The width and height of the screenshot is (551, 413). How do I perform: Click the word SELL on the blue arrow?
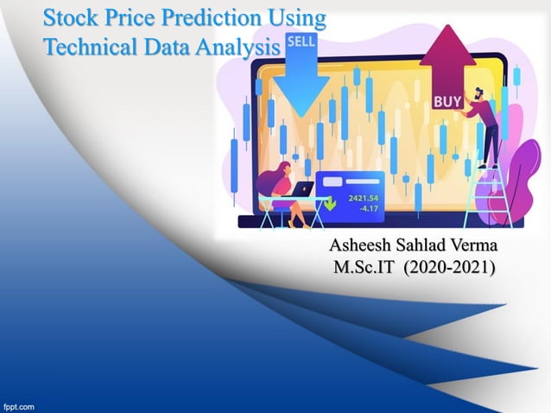[x=300, y=41]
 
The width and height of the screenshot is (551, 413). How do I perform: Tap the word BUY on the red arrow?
[x=446, y=102]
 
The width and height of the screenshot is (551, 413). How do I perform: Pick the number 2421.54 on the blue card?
[x=364, y=198]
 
